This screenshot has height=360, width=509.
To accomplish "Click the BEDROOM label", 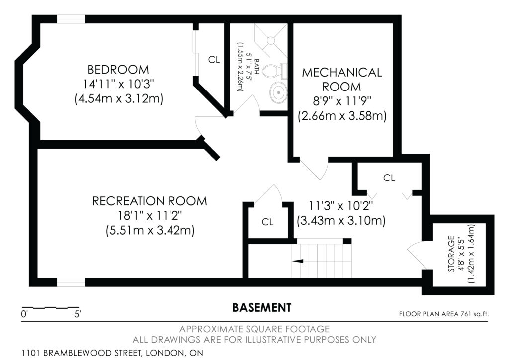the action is click(118, 70).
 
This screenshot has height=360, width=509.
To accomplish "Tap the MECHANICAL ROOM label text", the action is click(342, 79).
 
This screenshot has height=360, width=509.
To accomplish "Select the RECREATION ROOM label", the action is click(150, 201).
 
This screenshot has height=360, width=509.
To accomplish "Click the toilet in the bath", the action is click(273, 71).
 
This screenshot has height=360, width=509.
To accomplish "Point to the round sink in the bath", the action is click(278, 92).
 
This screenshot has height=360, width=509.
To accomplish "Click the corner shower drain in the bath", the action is click(270, 40).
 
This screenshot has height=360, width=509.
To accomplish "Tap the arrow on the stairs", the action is click(298, 261).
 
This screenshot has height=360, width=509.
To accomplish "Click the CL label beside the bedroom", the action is click(214, 60).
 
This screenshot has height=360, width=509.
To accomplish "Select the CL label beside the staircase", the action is click(268, 222).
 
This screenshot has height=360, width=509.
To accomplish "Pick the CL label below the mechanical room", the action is click(389, 178).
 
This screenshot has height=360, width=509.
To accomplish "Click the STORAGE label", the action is click(451, 254).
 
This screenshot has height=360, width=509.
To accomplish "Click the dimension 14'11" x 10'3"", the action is click(118, 84).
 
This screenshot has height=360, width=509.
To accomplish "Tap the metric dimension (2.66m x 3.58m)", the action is click(342, 116).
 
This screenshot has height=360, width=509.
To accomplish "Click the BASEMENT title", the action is click(262, 307).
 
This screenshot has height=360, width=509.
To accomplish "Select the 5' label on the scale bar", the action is click(78, 314).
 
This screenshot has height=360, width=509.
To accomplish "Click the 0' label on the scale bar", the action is click(24, 314).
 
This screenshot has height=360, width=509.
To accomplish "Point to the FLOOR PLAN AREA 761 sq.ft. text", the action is click(444, 314).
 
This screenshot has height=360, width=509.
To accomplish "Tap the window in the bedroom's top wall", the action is click(72, 19).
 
